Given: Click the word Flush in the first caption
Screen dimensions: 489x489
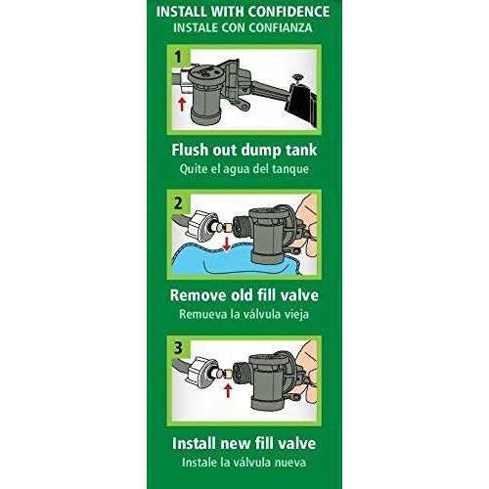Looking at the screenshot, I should click(x=196, y=153).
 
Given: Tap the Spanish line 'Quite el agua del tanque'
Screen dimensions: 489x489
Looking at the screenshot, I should click(x=244, y=170).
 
